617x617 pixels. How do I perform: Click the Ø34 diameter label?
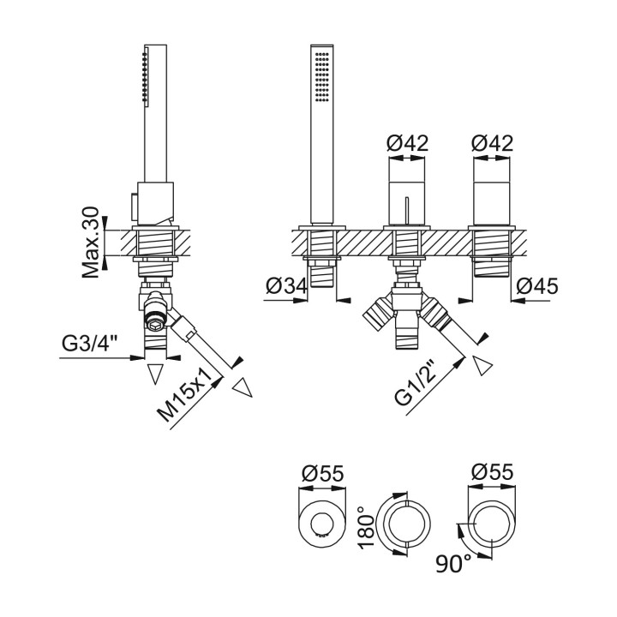pyautogui.click(x=285, y=286)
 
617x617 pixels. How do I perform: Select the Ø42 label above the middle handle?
pyautogui.click(x=407, y=143)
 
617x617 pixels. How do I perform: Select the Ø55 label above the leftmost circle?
pyautogui.click(x=322, y=472)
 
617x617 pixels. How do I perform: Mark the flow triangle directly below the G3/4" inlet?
pyautogui.click(x=155, y=373)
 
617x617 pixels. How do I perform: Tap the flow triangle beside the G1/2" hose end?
pyautogui.click(x=482, y=366)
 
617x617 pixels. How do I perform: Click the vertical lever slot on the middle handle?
pyautogui.click(x=407, y=209)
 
